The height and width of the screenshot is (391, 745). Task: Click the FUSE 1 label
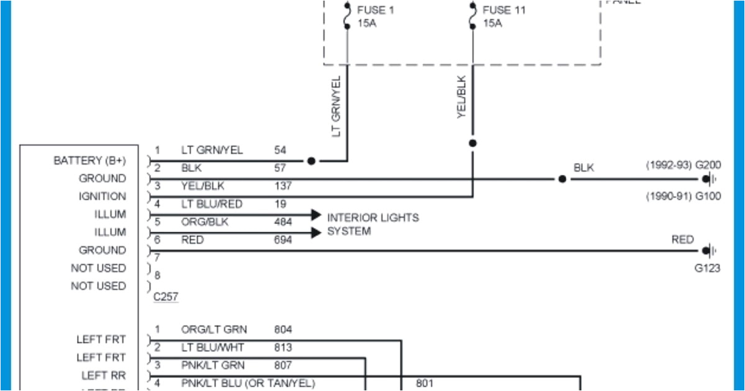[375, 10]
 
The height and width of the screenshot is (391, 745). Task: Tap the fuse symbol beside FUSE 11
[472, 16]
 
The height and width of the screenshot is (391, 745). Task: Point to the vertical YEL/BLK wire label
[461, 97]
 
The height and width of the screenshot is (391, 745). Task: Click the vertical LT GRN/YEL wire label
[336, 107]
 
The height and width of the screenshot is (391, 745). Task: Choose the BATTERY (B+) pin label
[89, 161]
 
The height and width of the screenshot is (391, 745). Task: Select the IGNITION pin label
[102, 197]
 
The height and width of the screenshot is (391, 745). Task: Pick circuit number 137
[283, 186]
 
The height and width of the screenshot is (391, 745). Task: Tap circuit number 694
[283, 240]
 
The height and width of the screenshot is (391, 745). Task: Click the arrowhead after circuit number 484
[315, 215]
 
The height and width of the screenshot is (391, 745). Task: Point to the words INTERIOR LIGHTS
[372, 218]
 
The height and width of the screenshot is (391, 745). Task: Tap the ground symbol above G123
[708, 251]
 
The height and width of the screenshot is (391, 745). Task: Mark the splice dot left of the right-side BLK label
[562, 179]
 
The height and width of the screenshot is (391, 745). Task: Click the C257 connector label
[166, 297]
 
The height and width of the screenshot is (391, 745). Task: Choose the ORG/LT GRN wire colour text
[214, 330]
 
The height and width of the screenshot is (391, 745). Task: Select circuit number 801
[425, 384]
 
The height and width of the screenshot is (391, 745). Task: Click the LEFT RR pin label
[104, 376]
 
